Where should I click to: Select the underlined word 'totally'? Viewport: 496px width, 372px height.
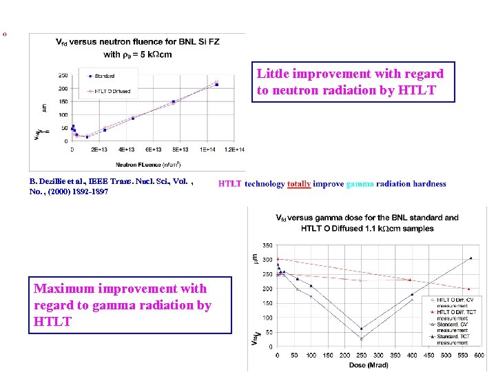click(299, 184)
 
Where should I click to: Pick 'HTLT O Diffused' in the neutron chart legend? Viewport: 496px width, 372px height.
click(110, 91)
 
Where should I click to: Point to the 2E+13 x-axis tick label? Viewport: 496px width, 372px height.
click(99, 149)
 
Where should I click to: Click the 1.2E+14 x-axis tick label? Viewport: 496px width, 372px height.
click(234, 149)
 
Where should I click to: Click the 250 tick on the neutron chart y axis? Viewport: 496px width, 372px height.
click(63, 76)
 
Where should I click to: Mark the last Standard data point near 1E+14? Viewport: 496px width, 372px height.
click(216, 85)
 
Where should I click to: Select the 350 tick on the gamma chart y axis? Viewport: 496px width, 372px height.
click(267, 245)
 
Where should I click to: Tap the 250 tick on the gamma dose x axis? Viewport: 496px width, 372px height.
click(362, 355)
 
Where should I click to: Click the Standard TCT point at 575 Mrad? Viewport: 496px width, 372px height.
click(471, 258)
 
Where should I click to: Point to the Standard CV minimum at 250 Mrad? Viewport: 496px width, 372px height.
click(362, 339)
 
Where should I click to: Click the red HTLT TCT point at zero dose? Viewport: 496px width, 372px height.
click(278, 259)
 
